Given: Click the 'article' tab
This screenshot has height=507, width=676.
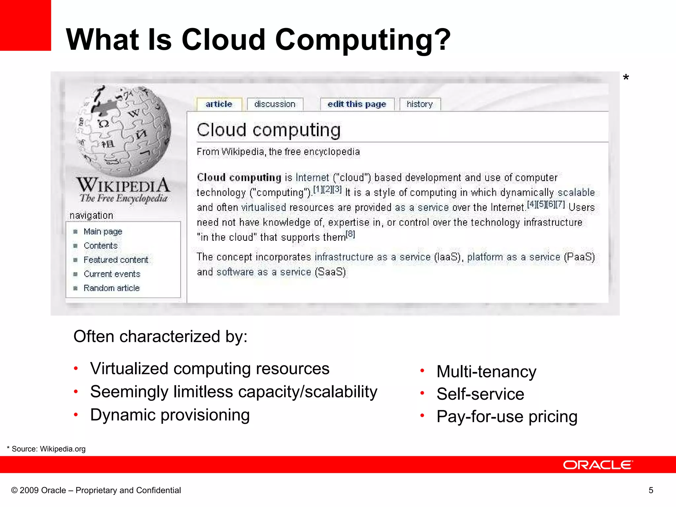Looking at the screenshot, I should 219,104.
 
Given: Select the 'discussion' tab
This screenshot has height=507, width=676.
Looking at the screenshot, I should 275,104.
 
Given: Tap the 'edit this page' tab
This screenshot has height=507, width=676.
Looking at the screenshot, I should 357,104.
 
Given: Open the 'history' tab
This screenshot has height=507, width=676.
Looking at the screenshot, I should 420,104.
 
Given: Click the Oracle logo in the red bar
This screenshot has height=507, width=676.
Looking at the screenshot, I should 598,465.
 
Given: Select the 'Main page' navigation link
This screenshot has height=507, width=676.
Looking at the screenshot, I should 103,232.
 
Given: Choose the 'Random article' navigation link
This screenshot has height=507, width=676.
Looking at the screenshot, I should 112,288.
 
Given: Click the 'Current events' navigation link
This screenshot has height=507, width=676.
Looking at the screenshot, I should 112,274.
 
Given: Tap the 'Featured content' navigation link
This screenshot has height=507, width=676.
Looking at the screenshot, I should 116,260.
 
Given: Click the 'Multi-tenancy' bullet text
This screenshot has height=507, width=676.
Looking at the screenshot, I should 486,372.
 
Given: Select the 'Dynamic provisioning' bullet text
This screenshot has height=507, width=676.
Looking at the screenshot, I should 170,415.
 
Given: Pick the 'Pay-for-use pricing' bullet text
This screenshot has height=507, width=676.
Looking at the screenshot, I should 507,417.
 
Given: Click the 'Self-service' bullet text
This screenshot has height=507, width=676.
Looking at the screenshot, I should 480,394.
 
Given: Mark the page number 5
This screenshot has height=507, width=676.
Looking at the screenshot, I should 651,490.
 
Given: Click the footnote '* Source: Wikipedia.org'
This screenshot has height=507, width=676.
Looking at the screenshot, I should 46,449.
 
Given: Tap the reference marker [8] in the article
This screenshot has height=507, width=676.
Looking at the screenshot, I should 350,234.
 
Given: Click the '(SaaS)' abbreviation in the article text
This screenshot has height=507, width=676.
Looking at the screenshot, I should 330,272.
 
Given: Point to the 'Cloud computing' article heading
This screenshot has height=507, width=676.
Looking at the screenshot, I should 269,130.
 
